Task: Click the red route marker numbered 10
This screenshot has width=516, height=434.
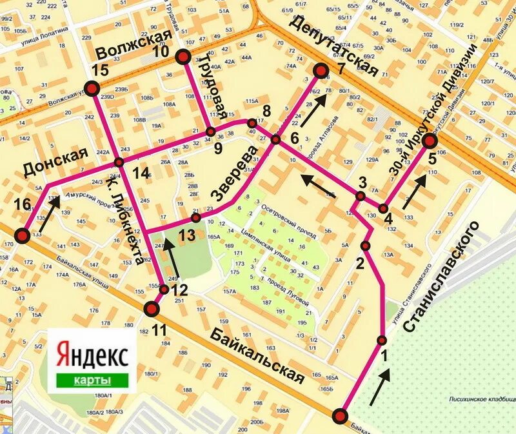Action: click(183, 57)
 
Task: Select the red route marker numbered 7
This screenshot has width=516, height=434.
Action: click(321, 70)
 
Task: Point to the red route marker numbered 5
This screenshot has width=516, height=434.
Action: click(430, 141)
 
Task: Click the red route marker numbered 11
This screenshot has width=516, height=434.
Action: click(152, 310)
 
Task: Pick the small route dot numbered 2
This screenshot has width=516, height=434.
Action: click(366, 246)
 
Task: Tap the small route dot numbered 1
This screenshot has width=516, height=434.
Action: click(382, 340)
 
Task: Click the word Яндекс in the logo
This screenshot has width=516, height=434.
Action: click(93, 355)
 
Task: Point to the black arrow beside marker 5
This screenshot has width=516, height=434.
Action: click(415, 191)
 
